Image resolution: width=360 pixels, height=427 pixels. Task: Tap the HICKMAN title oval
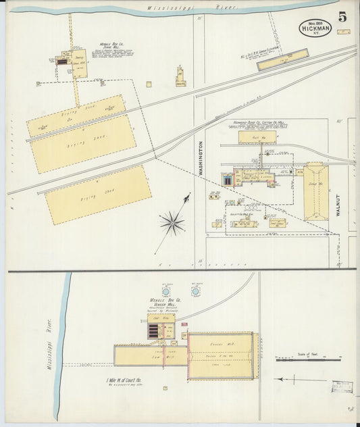[315, 28]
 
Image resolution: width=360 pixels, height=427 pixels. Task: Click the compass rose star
[172, 222]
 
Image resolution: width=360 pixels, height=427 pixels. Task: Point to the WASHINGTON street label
[201, 159]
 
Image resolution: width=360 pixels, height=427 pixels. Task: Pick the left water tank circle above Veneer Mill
[166, 292]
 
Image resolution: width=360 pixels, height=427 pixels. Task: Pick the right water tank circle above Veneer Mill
[196, 292]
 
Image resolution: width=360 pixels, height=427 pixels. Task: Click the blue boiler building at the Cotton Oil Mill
[228, 180]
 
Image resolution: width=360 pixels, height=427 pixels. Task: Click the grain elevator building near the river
[282, 60]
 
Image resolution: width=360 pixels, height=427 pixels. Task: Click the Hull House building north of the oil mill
[256, 137]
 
